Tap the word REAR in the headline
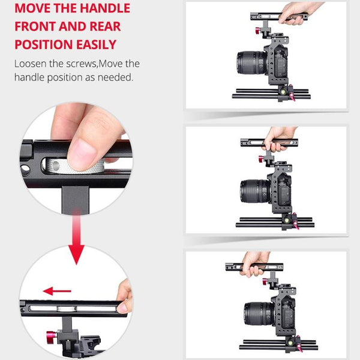point(102,27)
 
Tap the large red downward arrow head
point(76,254)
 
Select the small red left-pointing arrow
point(57,292)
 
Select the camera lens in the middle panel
point(253,191)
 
